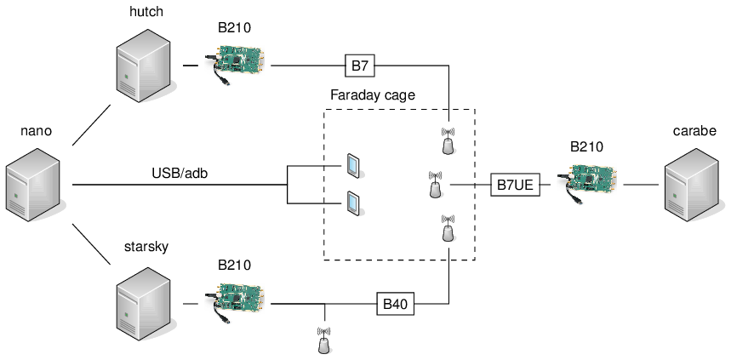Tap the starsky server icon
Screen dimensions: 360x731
[x=142, y=302]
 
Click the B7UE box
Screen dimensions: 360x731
[x=516, y=184]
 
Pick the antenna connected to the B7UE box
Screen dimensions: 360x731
[x=436, y=185]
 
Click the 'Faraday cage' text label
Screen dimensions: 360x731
[x=373, y=95]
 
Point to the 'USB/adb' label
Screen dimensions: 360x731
[x=180, y=173]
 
